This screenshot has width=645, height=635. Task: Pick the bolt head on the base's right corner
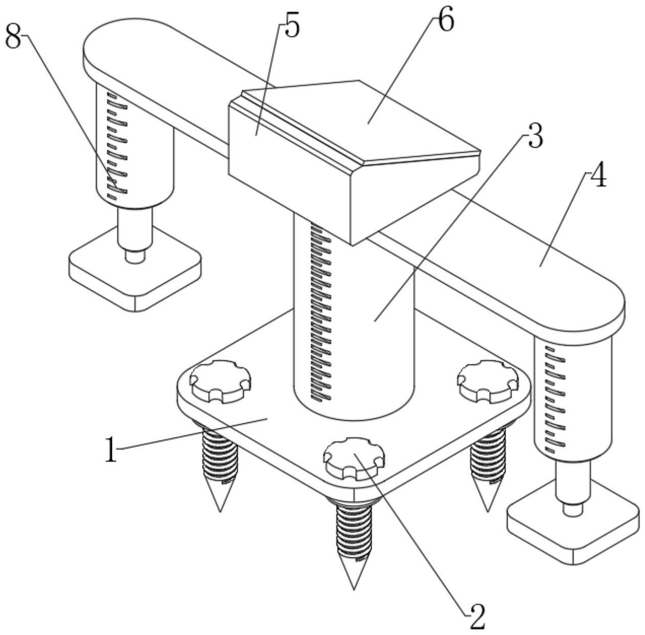(489, 381)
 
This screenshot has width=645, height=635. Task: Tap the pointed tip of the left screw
(220, 511)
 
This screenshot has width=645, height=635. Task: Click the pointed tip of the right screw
(488, 511)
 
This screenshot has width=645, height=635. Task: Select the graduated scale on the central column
(320, 311)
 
